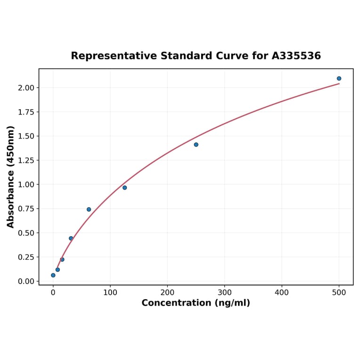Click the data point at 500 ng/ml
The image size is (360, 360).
[339, 79]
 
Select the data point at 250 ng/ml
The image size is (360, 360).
[196, 145]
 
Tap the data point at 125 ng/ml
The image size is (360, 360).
[124, 188]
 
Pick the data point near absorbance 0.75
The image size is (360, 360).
[89, 209]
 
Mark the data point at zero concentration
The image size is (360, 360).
[53, 275]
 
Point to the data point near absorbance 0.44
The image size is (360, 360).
[71, 238]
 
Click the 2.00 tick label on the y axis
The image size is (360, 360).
[26, 88]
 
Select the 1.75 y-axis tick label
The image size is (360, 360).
[26, 112]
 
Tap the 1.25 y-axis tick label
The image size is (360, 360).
[26, 161]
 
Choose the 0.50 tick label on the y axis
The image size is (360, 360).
[26, 233]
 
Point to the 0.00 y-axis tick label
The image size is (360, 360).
[26, 281]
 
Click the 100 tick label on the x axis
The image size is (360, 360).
[110, 292]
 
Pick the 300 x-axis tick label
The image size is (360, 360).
[225, 292]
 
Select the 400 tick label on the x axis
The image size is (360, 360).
[282, 292]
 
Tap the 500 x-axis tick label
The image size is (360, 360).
[339, 292]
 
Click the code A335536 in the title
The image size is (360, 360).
[296, 56]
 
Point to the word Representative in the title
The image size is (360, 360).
[114, 56]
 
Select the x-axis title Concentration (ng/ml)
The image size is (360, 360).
[196, 303]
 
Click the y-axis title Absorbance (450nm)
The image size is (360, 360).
[11, 177]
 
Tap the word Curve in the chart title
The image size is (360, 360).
[236, 56]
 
